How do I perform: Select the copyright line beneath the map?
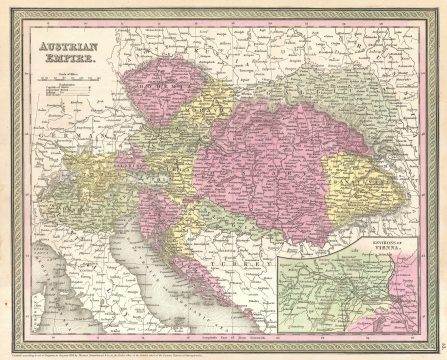tap(170, 343)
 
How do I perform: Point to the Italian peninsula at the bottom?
tap(120, 290)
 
